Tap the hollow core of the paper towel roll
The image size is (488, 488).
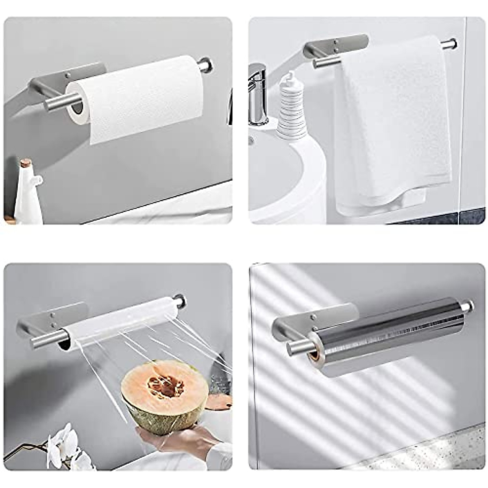(x=77, y=107)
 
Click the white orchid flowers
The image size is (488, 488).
(x=65, y=447)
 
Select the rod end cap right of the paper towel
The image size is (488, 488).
(x=205, y=65)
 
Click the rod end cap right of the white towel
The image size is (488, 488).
(x=450, y=44)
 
